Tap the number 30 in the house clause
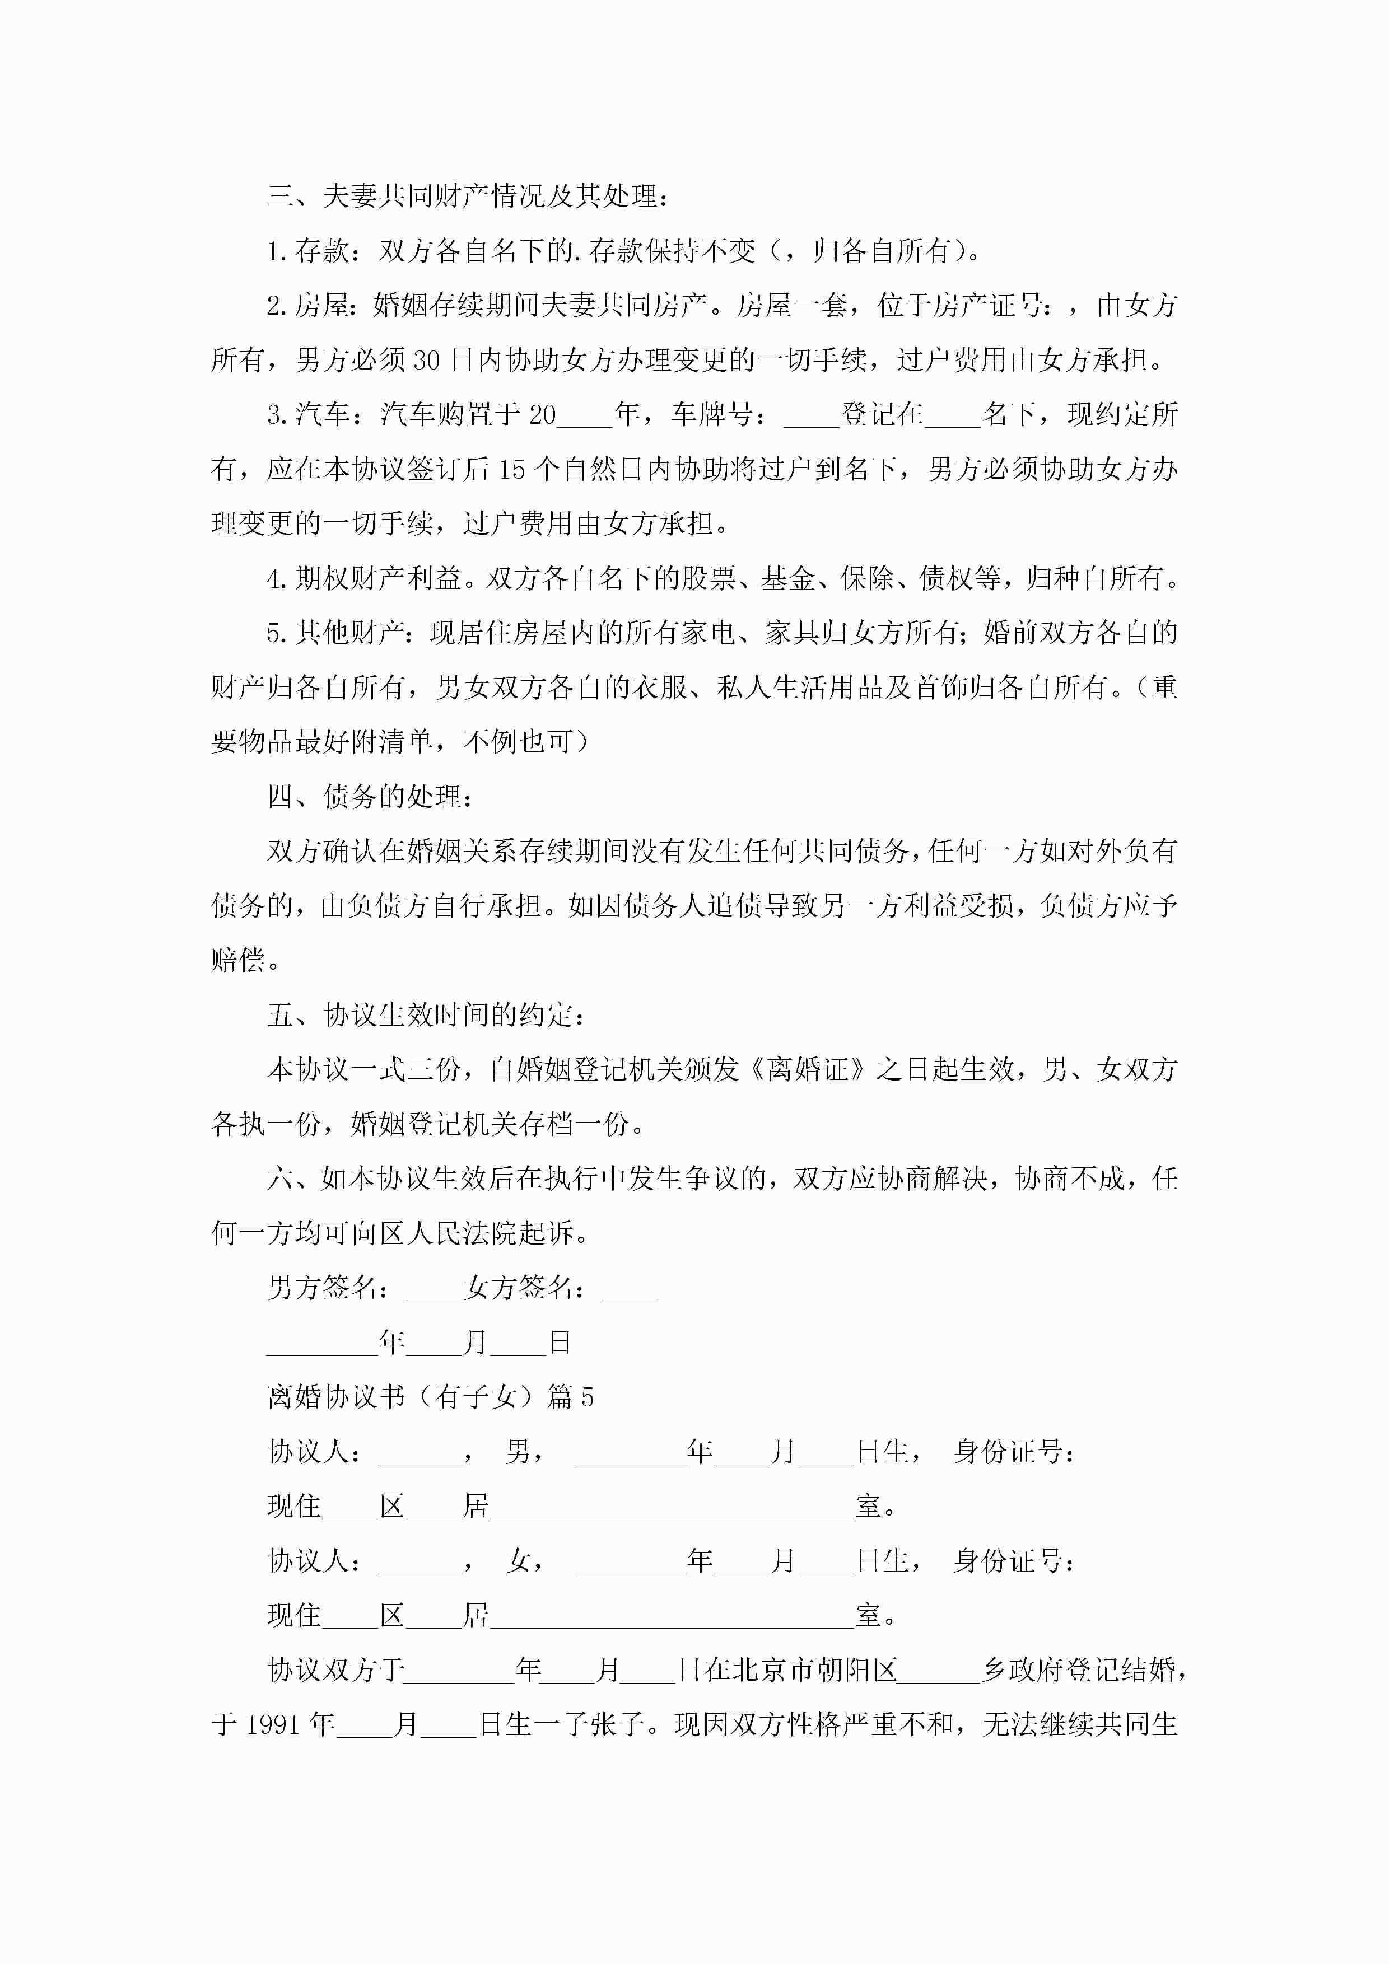click(426, 360)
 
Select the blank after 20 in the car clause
click(585, 416)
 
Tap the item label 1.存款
click(307, 251)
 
